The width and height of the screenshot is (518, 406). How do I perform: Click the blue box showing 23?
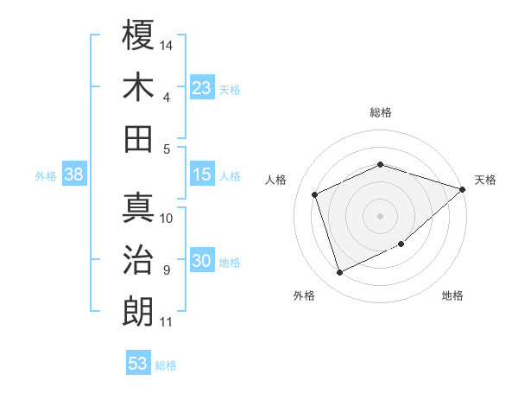(202, 87)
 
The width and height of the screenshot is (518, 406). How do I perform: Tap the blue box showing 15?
(202, 174)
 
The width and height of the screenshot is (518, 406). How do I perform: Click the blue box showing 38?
(74, 174)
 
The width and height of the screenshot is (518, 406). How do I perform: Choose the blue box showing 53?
(138, 363)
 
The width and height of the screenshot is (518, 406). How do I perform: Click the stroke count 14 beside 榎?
(167, 44)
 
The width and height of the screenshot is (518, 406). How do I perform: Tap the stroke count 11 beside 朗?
(167, 322)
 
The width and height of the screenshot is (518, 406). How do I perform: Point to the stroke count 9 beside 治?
(166, 270)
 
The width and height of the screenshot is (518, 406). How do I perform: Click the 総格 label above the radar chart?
(381, 112)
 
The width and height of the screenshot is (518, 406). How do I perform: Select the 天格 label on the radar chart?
(485, 180)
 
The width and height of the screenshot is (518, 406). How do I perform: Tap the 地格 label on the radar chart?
(452, 296)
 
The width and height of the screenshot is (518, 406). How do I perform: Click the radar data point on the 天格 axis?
(463, 188)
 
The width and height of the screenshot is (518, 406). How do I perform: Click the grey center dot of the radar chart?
(381, 215)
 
